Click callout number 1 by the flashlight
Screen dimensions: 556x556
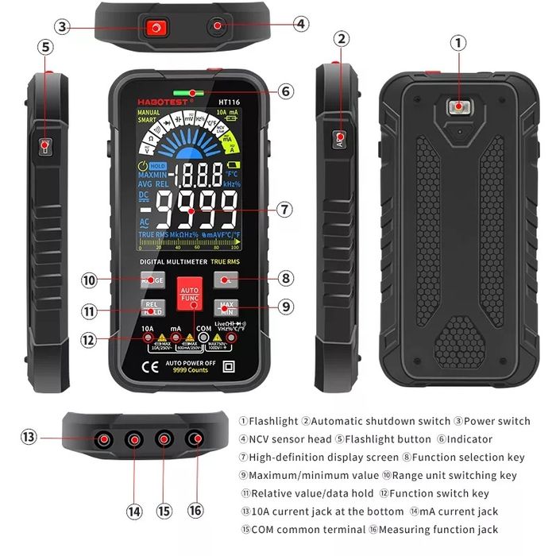tap(458, 43)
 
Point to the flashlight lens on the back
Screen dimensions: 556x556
tap(458, 108)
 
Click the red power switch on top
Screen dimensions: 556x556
tap(154, 29)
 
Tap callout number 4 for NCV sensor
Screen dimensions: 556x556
tap(300, 24)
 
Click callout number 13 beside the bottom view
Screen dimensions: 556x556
tap(29, 436)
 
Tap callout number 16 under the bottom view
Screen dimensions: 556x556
tap(195, 509)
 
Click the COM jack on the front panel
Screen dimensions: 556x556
tap(204, 342)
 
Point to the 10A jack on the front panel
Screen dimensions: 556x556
tap(149, 342)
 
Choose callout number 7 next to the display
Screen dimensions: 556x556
tap(286, 210)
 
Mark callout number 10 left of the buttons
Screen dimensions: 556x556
tap(89, 280)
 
